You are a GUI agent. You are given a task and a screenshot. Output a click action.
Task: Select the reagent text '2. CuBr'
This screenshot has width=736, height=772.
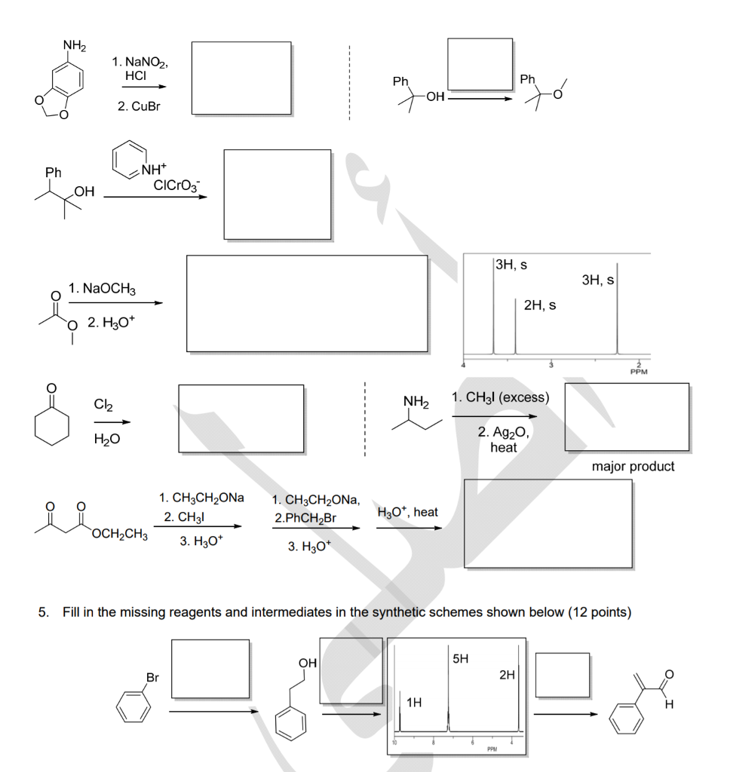pos(139,107)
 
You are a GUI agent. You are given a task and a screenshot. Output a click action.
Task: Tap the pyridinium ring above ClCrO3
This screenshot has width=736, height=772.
pos(130,160)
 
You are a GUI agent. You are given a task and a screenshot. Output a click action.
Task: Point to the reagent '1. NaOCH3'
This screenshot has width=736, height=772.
pos(101,289)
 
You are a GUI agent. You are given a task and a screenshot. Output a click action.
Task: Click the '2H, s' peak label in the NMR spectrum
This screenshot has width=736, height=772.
pos(540,305)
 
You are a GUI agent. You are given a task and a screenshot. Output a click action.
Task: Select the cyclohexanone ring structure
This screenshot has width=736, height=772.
pos(51,424)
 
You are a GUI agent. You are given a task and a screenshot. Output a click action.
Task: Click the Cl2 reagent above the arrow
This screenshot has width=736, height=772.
pos(104,404)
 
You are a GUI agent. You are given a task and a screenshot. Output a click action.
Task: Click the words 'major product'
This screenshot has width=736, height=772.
pos(633,467)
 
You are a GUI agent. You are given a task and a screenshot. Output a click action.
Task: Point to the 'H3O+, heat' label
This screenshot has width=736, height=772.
pos(407,512)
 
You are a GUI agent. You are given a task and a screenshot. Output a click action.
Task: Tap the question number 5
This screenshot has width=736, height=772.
pos(43,611)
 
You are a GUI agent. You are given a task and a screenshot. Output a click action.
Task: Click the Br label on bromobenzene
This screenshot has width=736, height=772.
pos(152,677)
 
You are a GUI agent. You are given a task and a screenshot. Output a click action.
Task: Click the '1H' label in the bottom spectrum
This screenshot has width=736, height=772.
pos(414,703)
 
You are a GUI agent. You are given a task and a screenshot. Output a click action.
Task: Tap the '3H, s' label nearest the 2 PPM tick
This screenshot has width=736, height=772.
pos(600,280)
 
